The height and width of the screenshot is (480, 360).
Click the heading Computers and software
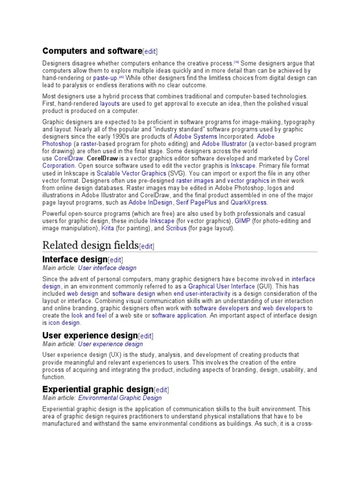tap(92, 51)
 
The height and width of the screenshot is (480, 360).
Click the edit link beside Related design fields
tap(147, 246)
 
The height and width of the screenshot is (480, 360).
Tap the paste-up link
tap(105, 78)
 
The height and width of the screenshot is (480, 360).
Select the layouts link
tap(110, 103)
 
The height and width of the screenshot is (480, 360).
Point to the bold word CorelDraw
tap(103, 158)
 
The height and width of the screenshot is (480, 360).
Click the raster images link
tap(195, 180)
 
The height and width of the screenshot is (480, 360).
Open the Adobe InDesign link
tap(150, 202)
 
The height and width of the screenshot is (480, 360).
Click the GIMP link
tap(242, 221)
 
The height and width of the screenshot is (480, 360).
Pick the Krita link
tap(107, 228)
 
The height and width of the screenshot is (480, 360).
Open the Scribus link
tap(176, 228)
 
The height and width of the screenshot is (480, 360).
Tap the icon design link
tap(64, 323)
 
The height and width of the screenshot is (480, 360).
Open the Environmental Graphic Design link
tap(120, 398)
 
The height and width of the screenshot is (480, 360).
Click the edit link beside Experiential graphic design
tap(161, 390)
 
